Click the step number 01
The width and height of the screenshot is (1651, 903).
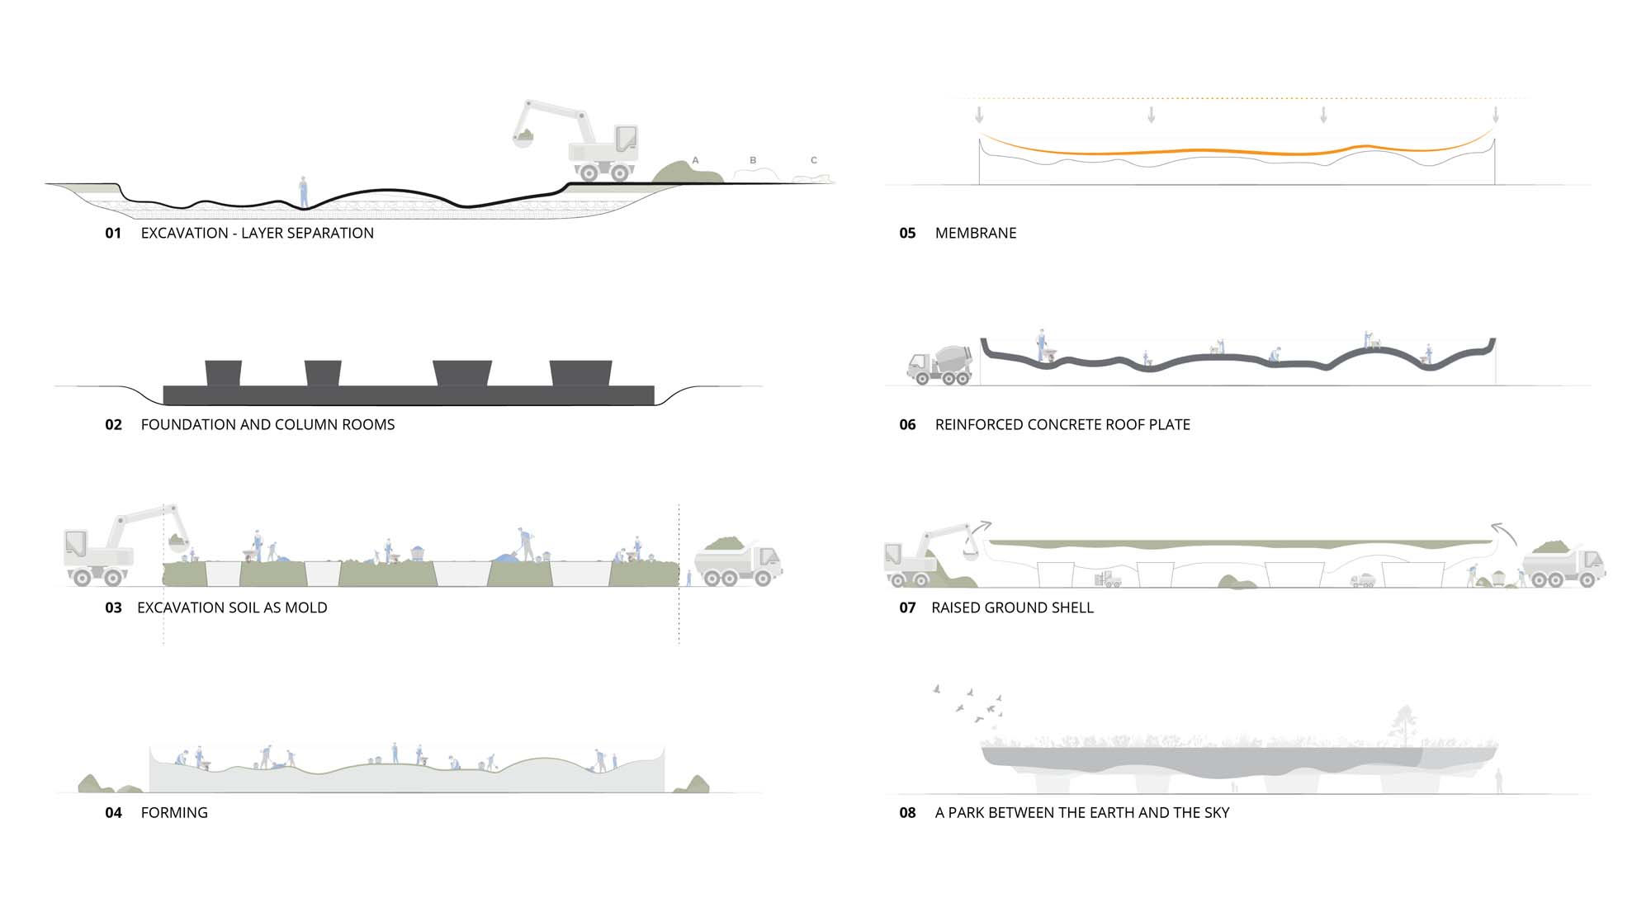click(x=113, y=234)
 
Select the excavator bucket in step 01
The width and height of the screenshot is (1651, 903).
click(x=523, y=137)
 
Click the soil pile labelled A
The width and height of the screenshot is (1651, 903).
click(x=687, y=173)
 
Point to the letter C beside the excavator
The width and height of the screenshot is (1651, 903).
click(x=814, y=160)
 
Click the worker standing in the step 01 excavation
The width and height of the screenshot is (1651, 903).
click(x=304, y=192)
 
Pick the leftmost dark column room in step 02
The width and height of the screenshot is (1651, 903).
click(x=223, y=372)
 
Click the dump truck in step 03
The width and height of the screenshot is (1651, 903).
click(x=738, y=561)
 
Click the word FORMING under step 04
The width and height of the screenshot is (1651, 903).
click(x=174, y=813)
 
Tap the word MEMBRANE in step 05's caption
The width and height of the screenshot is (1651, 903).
click(x=976, y=234)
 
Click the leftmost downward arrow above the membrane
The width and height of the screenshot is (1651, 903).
click(x=979, y=114)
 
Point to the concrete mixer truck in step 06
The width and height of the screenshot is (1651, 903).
click(x=939, y=365)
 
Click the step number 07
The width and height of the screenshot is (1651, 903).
click(x=907, y=608)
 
